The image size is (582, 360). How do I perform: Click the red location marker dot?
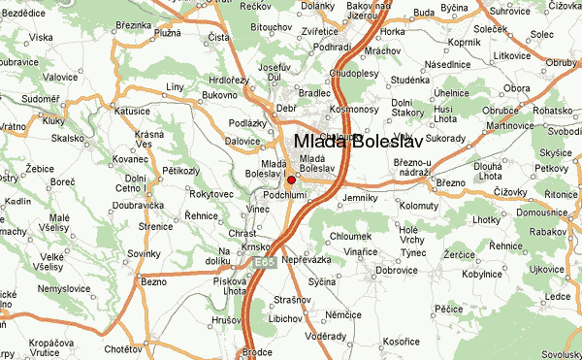coord(291,180)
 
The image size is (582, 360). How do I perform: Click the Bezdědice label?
coord(21,13)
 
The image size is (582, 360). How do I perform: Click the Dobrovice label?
coord(396,270)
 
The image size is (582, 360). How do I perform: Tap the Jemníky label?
coord(359,198)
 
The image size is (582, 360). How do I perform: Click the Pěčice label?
coord(448,308)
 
